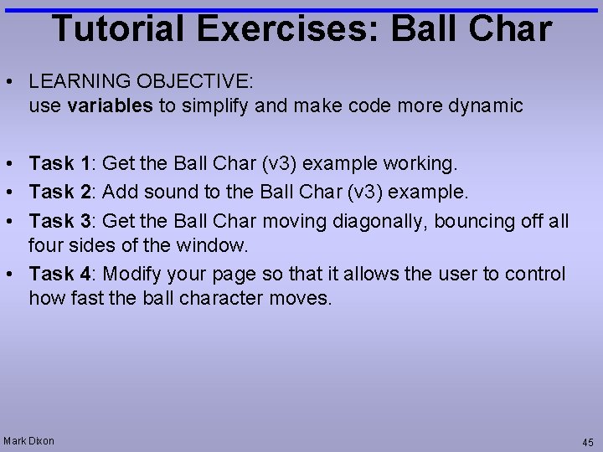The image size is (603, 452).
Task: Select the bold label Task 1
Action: pos(63,162)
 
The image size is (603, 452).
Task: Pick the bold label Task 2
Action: pos(63,192)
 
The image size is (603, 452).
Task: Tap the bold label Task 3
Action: pos(63,221)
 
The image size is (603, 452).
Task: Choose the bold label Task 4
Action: pos(63,274)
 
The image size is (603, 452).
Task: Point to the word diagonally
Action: pos(382,221)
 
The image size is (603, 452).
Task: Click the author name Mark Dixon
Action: pos(29,441)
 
